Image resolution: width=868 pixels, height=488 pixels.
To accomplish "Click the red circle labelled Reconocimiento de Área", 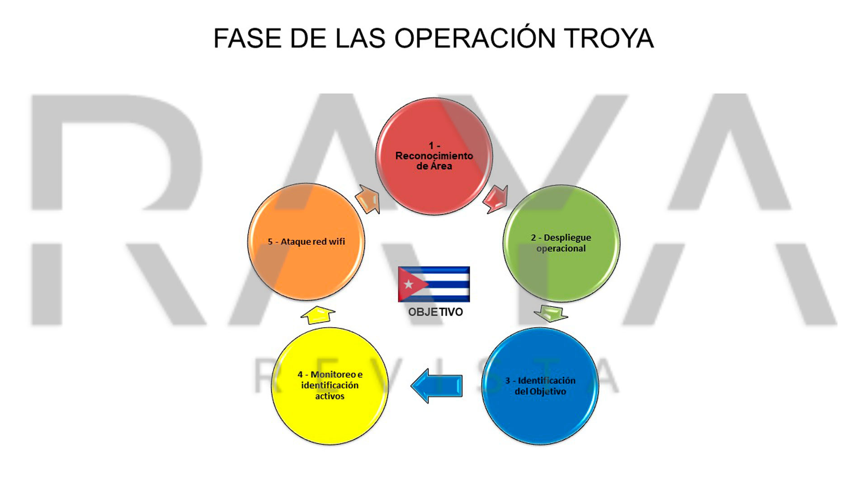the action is (434, 156).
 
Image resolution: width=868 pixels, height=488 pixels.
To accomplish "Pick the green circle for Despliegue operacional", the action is (561, 243).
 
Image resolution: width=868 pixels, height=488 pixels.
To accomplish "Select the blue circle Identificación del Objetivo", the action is (540, 386).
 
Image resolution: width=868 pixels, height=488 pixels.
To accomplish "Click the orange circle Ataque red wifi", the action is (306, 242).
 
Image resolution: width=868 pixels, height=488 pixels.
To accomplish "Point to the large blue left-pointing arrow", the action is (437, 386).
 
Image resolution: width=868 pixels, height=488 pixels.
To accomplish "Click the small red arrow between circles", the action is (496, 199).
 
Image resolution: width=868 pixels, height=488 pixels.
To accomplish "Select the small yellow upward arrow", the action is (318, 315).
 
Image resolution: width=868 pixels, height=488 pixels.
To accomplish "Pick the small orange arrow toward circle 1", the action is (368, 199).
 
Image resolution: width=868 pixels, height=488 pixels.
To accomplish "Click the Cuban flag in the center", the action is (434, 284).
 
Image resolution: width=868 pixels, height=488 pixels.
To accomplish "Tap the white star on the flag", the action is (409, 284).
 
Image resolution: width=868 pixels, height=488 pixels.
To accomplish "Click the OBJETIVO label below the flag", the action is (435, 312).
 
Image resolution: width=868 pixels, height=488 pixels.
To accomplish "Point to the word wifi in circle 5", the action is (337, 242).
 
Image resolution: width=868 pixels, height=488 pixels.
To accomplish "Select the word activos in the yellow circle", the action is (330, 396).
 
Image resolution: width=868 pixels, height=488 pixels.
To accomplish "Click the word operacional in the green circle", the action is (561, 249).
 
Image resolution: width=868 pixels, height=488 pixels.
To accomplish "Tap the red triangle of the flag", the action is (410, 284).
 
